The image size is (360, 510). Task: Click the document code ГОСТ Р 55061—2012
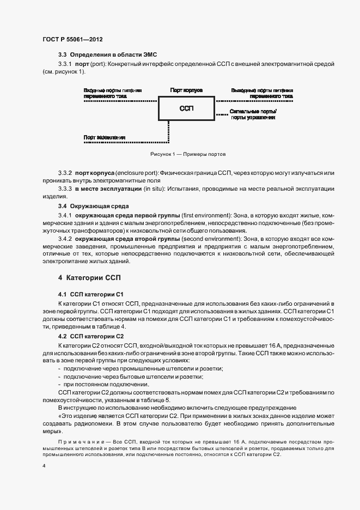coord(72,40)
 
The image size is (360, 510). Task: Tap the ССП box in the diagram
coord(187,108)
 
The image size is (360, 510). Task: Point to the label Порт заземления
coord(105,137)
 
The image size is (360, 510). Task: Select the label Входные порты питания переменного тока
coord(113,93)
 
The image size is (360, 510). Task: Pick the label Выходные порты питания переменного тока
coord(262,93)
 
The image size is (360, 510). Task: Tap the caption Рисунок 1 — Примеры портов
coord(187,154)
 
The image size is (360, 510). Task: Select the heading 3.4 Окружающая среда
coord(94,206)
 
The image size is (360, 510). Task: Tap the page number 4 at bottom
coord(44,466)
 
